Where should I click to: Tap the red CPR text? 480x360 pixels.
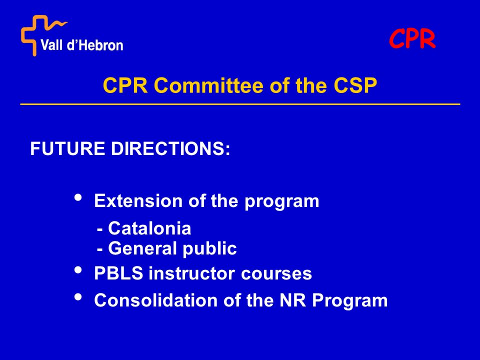click(x=412, y=39)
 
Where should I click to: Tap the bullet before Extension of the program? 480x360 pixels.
click(x=78, y=197)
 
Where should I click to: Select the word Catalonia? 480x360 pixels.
click(x=149, y=228)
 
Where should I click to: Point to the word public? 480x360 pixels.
click(x=209, y=249)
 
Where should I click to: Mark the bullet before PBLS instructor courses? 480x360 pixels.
click(x=78, y=269)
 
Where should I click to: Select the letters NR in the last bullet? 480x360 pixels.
click(x=293, y=300)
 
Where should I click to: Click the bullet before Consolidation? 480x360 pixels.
click(x=78, y=296)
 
